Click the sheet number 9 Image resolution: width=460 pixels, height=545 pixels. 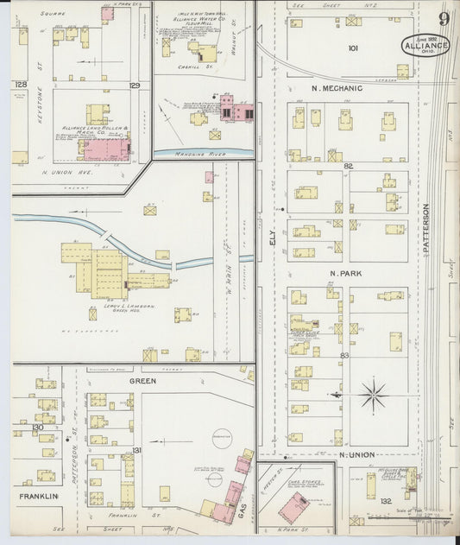(443, 20)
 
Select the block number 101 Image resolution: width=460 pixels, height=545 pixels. (352, 48)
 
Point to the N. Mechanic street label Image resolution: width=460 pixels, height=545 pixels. (337, 88)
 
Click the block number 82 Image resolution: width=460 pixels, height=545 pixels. (348, 165)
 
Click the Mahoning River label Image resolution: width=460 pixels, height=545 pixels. (202, 152)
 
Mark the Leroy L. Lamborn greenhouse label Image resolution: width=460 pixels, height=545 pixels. (115, 307)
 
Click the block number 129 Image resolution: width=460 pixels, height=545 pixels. (134, 85)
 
